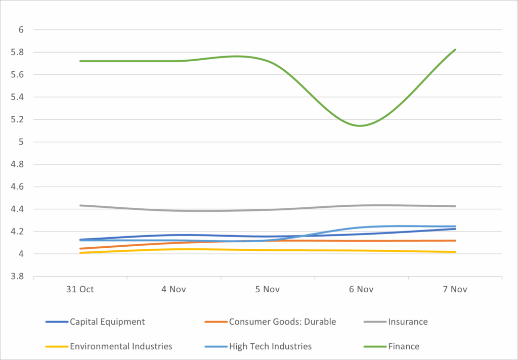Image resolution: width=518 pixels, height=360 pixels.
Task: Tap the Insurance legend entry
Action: [408, 322]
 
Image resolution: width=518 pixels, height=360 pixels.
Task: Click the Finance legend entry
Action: [404, 346]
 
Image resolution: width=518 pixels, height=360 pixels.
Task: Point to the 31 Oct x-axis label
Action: [80, 290]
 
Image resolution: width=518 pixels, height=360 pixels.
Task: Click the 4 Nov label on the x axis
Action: [174, 290]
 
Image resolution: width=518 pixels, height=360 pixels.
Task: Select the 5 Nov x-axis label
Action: [268, 290]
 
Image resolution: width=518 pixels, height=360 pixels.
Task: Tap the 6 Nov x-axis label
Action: [361, 290]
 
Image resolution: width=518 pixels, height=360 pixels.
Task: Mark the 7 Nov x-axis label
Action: [455, 290]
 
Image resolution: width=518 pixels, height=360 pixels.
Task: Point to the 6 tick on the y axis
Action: [21, 30]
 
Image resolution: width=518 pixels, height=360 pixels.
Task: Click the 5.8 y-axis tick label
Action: [18, 52]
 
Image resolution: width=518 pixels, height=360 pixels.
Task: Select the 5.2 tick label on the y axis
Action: [18, 119]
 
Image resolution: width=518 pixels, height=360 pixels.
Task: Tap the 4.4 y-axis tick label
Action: [18, 209]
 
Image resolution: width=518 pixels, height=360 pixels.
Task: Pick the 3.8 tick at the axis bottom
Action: [18, 277]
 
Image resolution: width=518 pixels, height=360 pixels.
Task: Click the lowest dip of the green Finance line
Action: [360, 125]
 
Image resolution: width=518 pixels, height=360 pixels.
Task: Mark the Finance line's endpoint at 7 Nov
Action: [455, 50]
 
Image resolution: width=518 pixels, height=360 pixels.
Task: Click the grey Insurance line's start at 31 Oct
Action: [80, 205]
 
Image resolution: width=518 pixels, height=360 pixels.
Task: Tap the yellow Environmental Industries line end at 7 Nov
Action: [455, 252]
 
